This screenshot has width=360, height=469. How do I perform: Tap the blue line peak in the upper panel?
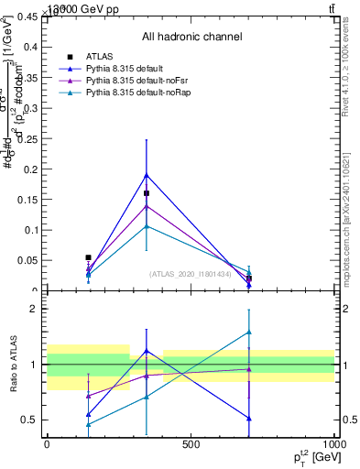(x=147, y=174)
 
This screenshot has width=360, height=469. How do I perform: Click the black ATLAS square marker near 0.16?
(x=147, y=193)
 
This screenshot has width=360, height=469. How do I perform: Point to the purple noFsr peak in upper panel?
(x=147, y=205)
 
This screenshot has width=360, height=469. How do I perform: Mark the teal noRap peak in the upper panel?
(x=147, y=225)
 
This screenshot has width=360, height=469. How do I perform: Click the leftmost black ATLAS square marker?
(x=88, y=257)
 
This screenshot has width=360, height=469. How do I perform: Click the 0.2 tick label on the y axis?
(x=30, y=169)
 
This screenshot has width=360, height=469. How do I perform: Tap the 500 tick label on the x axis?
(x=191, y=444)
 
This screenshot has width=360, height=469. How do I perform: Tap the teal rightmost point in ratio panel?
(x=249, y=332)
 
